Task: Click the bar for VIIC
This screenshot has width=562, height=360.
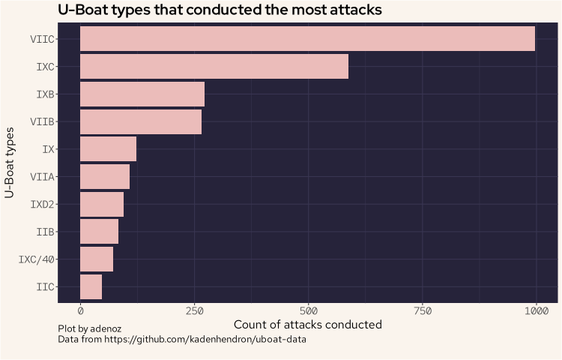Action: (307, 39)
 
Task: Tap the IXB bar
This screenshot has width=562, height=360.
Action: (142, 94)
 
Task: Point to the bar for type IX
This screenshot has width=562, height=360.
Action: (108, 149)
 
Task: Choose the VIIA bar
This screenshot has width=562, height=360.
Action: (105, 177)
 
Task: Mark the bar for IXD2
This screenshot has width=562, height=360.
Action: (102, 204)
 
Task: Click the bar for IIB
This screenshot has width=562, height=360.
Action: (99, 232)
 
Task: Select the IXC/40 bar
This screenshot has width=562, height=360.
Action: (97, 259)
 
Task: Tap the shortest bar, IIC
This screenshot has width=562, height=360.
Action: (91, 287)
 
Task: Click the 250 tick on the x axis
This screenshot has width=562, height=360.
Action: (194, 310)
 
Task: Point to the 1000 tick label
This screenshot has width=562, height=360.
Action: (536, 310)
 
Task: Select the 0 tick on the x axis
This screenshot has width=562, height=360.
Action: (80, 310)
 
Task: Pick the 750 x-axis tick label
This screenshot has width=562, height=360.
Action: (422, 310)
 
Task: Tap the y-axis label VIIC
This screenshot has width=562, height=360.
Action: (42, 39)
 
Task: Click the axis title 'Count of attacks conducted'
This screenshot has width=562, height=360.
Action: (308, 325)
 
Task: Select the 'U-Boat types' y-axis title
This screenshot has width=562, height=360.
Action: (10, 163)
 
